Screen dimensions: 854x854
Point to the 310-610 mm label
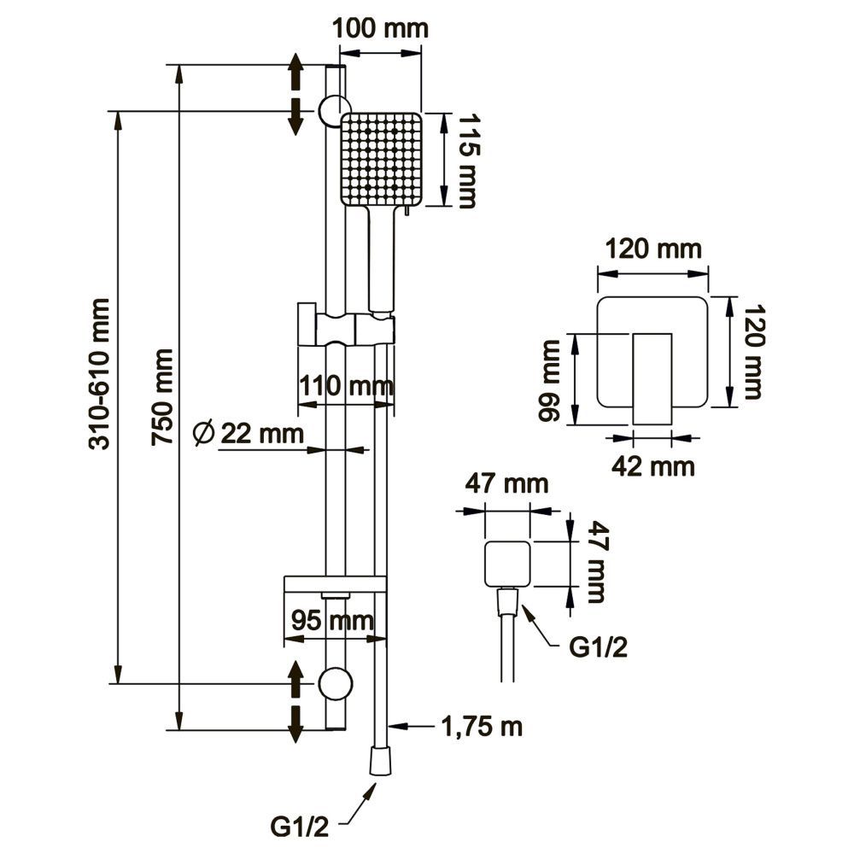click(101, 373)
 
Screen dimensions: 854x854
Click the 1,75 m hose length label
click(481, 728)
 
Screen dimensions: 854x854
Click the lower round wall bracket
click(334, 683)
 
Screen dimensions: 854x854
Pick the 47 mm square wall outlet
click(507, 564)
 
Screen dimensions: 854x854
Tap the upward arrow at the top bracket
click(295, 68)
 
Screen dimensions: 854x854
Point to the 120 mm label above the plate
click(653, 250)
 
